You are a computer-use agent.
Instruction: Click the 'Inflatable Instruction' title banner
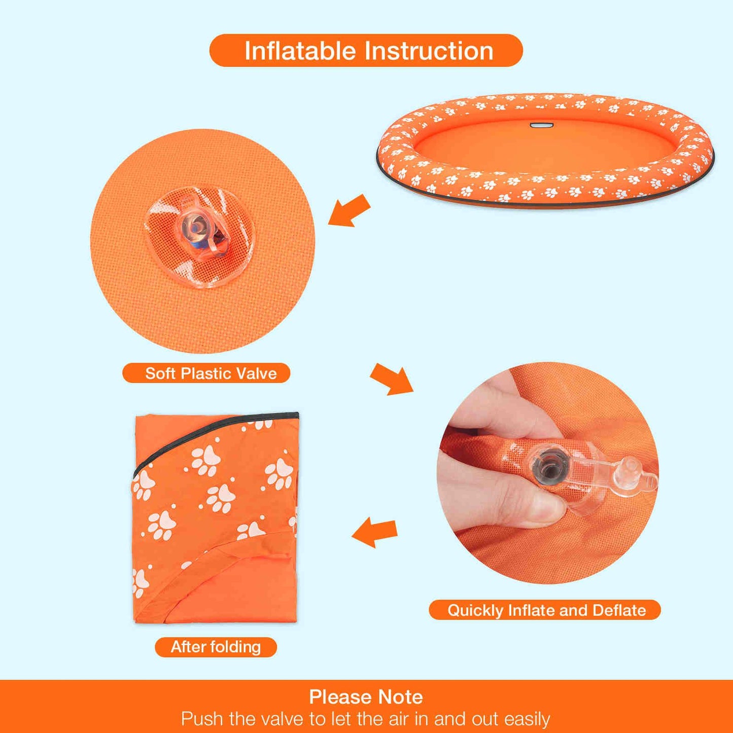[366, 50]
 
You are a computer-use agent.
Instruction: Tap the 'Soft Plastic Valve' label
[206, 373]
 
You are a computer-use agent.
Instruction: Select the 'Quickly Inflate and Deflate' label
[544, 610]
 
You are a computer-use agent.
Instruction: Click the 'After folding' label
[216, 647]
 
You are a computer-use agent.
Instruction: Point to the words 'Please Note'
[366, 696]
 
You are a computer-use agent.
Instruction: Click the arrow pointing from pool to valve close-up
[349, 211]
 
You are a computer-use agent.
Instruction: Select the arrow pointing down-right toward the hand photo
[392, 379]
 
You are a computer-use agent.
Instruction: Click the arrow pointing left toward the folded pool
[374, 532]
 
